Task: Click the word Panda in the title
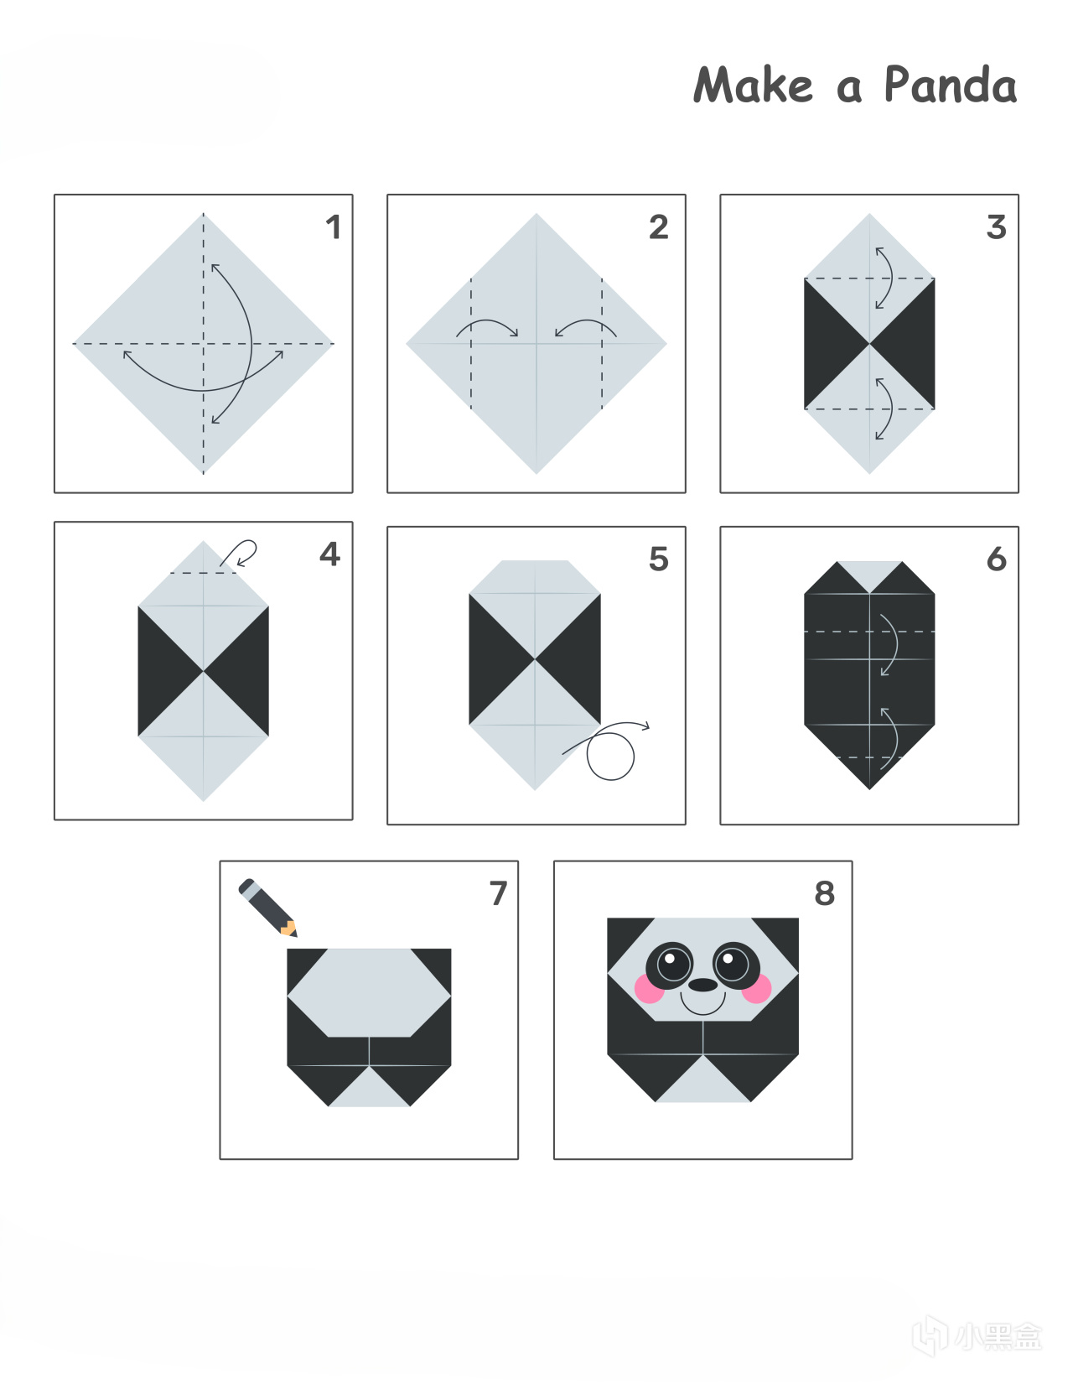point(951,85)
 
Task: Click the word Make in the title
point(753,85)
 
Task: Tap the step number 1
point(333,227)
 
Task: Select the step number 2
point(659,227)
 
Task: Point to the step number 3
point(997,227)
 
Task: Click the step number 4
point(330,554)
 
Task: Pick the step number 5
point(659,559)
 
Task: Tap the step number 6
point(997,559)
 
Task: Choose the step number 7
point(498,893)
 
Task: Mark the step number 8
point(825,893)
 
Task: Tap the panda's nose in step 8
point(702,985)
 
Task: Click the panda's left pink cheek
point(650,988)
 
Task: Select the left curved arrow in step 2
point(487,321)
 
